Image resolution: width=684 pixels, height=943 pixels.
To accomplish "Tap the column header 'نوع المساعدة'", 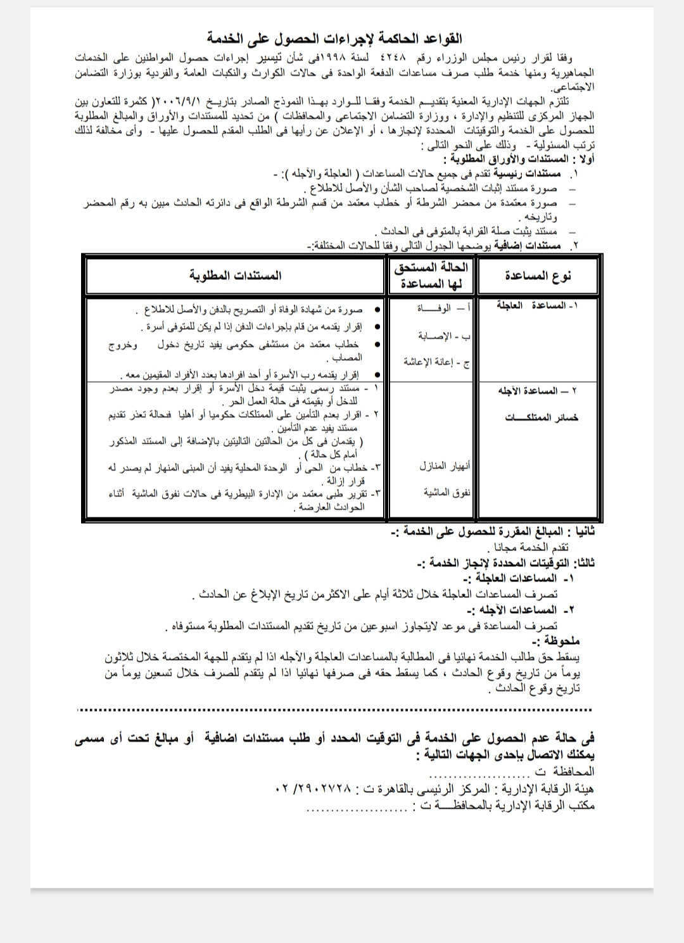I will point(538,275).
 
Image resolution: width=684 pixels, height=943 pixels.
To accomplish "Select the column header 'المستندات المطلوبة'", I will point(235,275).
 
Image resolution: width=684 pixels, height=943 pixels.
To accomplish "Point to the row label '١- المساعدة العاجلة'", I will point(538,306).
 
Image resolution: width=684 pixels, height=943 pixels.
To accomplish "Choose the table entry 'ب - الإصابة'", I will point(443,335).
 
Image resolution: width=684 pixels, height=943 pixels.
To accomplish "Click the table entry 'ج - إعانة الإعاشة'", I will point(436,362).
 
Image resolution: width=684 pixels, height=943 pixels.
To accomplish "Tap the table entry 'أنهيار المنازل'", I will point(445,466).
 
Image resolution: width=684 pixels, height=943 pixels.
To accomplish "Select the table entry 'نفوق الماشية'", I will point(447,492).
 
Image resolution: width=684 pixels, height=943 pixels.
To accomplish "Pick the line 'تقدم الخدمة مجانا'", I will point(532,547).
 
